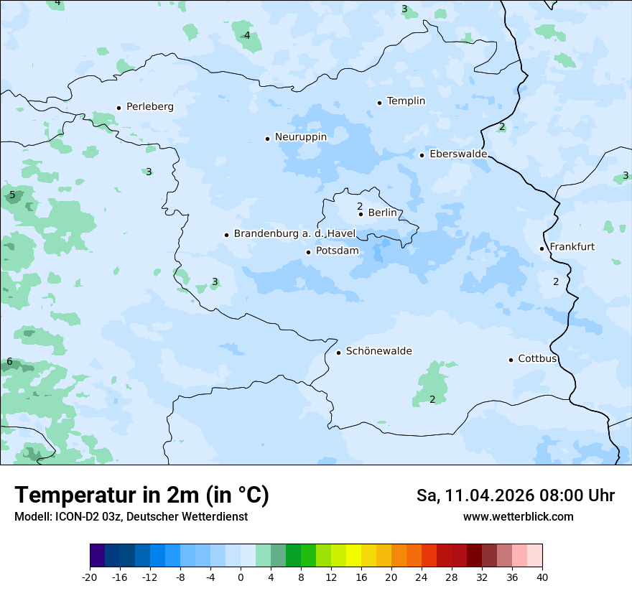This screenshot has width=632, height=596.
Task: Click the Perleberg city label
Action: click(149, 107)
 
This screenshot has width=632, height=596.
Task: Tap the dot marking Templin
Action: click(379, 103)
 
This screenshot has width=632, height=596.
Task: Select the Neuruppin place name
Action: click(300, 137)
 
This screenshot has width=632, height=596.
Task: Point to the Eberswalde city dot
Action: click(422, 155)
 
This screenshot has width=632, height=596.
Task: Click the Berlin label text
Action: click(382, 213)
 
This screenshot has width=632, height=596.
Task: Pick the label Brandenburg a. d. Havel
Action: click(294, 234)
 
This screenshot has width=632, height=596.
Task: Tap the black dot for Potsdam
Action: click(308, 252)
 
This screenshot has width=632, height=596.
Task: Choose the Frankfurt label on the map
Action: click(572, 247)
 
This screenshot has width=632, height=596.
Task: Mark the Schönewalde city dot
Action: click(338, 353)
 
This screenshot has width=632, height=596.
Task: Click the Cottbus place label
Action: click(537, 358)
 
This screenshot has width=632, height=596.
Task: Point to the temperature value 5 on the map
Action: click(12, 195)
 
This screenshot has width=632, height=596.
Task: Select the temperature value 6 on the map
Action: click(9, 362)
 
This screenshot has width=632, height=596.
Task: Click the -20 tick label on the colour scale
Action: click(90, 577)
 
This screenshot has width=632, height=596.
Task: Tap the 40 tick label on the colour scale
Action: click(542, 577)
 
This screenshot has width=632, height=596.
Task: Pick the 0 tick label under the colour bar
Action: click(241, 577)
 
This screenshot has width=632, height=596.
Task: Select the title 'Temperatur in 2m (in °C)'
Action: click(141, 495)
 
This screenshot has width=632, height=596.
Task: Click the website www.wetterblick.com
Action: click(518, 517)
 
